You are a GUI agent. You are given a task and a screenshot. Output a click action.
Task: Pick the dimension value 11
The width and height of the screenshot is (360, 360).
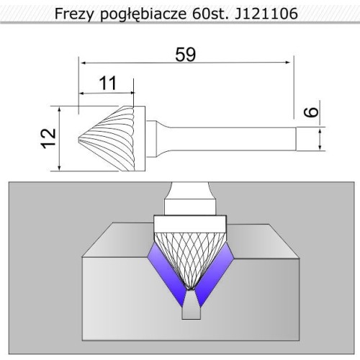[107, 83]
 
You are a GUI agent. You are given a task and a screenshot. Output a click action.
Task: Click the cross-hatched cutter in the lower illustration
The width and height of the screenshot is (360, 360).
[185, 256]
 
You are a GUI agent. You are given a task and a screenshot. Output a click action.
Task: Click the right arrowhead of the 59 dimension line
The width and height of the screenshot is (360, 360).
[291, 63]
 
